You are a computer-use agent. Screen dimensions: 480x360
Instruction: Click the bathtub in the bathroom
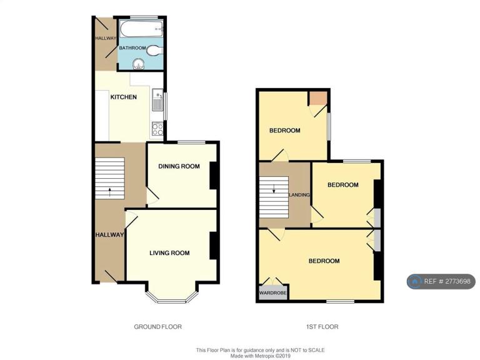[141, 29]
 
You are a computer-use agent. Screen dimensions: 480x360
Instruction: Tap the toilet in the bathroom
[154, 51]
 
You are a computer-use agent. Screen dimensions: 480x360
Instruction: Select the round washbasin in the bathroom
[139, 64]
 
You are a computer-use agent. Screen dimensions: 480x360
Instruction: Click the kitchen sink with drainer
[157, 99]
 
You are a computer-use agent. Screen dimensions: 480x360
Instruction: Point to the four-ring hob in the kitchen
[157, 129]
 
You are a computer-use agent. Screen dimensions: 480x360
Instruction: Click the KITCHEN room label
[123, 97]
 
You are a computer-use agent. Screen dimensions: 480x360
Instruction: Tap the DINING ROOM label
[179, 166]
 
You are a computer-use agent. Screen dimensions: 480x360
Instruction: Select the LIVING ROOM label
[169, 253]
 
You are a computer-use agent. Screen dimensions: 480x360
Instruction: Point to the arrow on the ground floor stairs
[109, 192]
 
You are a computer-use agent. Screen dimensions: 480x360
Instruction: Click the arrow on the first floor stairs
[274, 189]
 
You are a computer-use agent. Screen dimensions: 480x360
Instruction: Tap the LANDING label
[300, 195]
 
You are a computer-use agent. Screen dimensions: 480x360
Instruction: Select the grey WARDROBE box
[273, 293]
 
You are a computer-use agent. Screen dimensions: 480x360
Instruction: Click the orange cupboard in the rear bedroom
[317, 98]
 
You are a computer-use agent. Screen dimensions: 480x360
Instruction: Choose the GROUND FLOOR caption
[158, 327]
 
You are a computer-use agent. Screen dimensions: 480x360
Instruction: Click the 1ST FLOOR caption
[322, 327]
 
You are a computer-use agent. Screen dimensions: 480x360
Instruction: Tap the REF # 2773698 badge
[441, 281]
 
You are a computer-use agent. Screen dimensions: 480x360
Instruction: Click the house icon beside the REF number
[416, 281]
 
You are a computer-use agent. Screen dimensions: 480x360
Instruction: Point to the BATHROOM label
[132, 48]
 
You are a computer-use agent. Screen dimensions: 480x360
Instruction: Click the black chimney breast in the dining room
[214, 175]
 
